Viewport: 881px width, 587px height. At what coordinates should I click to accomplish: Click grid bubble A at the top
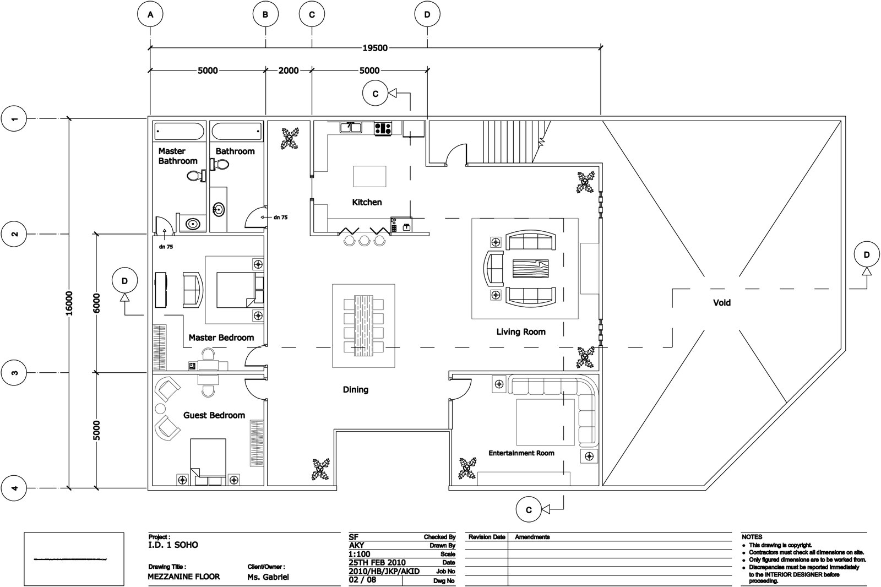[150, 15]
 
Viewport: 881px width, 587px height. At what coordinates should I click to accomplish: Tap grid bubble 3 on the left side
[15, 373]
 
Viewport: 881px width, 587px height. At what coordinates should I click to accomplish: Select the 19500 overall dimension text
[374, 48]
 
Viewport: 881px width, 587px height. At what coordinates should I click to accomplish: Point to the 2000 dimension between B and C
[289, 70]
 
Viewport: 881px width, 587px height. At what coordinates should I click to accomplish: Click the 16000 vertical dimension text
[69, 303]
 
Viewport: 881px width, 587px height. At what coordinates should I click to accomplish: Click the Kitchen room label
[367, 202]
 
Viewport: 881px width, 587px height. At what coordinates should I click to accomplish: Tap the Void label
[722, 302]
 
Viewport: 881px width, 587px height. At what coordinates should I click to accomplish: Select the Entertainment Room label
[521, 453]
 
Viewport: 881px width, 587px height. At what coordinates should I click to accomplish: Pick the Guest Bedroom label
[214, 415]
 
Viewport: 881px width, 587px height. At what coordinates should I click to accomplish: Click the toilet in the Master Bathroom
[194, 176]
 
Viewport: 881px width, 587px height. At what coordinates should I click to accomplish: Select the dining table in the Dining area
[363, 325]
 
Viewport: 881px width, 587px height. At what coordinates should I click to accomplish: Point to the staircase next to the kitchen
[509, 142]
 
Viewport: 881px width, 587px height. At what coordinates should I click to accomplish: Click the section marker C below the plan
[529, 510]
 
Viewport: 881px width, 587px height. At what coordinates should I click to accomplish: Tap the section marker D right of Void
[867, 255]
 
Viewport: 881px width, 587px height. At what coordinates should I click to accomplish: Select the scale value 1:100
[360, 554]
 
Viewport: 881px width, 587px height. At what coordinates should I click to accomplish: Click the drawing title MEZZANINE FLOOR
[184, 577]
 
